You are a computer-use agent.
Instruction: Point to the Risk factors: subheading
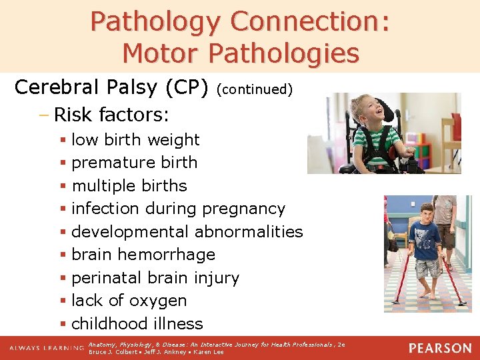coord(111,115)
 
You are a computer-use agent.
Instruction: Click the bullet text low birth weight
coord(135,139)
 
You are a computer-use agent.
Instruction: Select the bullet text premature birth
coord(134,163)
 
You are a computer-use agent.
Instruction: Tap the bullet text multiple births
coord(129,185)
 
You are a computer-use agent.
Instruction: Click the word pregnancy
coord(243,209)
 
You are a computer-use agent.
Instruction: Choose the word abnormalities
coord(249,231)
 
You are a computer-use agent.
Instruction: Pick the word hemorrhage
coord(166,255)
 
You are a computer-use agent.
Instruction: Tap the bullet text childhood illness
coord(137,324)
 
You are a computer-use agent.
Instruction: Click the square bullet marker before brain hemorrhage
coord(63,255)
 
